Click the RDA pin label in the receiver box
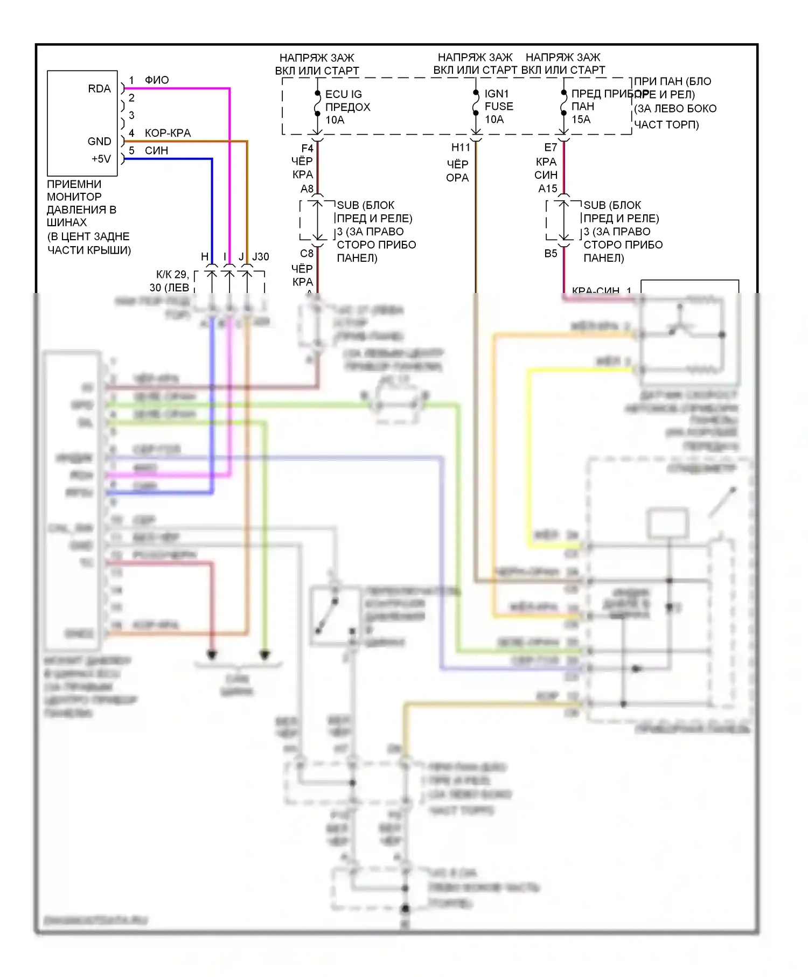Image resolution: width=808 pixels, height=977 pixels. click(99, 89)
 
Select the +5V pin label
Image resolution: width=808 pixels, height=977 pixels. click(101, 159)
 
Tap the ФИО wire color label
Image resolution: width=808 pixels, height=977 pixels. click(157, 80)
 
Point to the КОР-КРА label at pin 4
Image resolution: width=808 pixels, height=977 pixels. click(168, 133)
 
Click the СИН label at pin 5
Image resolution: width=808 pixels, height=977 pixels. click(156, 151)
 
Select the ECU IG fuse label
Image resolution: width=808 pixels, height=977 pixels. click(343, 94)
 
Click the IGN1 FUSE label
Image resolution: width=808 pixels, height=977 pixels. click(498, 100)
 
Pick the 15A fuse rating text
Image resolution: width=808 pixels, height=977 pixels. click(581, 120)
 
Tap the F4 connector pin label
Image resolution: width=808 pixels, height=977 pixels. click(307, 148)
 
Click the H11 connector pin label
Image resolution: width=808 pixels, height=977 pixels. click(461, 148)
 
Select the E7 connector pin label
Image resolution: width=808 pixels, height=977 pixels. click(550, 148)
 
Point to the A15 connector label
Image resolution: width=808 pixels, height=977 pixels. click(548, 189)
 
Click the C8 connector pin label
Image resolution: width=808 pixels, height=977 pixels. click(307, 254)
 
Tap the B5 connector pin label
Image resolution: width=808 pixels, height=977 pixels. click(550, 254)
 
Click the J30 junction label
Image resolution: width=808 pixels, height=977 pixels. click(261, 257)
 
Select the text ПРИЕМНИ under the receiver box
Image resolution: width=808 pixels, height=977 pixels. click(74, 184)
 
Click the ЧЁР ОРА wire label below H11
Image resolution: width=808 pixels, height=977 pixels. click(457, 171)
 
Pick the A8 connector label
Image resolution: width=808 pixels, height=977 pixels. click(307, 189)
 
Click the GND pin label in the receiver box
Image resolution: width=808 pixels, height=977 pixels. click(99, 142)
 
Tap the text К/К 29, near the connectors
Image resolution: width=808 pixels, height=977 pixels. click(172, 275)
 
